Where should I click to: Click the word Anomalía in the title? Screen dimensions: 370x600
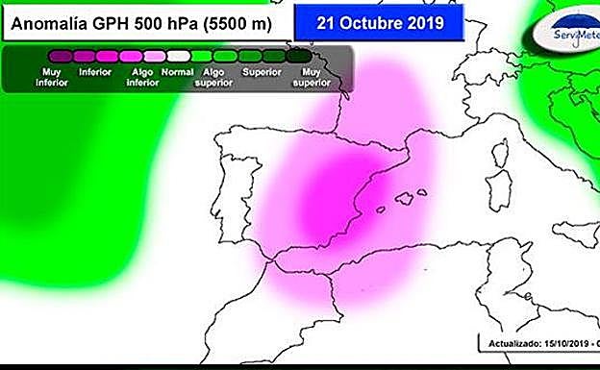pyautogui.click(x=51, y=21)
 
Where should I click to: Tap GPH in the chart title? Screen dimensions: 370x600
pyautogui.click(x=116, y=21)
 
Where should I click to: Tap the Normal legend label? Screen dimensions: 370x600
pyautogui.click(x=177, y=71)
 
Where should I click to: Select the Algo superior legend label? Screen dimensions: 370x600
pyautogui.click(x=213, y=76)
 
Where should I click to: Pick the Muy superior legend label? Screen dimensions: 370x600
pyautogui.click(x=310, y=76)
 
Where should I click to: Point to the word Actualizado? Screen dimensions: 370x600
pyautogui.click(x=512, y=342)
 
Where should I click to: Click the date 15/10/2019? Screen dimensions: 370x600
pyautogui.click(x=565, y=342)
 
